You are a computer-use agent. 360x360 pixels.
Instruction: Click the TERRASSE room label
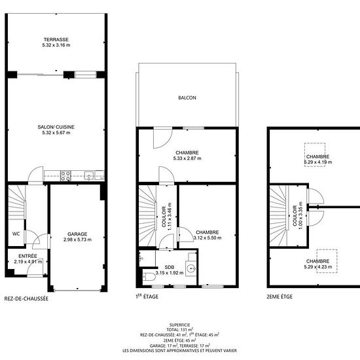56,39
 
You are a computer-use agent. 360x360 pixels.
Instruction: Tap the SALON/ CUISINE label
56,127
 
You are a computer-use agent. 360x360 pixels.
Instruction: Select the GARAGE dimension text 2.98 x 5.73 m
77,240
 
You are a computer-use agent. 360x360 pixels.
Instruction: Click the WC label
16,234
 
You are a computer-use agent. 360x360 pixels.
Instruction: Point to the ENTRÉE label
27,256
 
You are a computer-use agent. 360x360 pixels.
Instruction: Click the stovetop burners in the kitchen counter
65,176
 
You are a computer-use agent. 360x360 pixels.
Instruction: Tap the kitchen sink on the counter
89,175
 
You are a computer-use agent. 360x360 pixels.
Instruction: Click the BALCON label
187,98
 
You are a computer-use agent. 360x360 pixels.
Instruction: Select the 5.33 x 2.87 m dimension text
187,158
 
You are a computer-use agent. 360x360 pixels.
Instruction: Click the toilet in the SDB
149,277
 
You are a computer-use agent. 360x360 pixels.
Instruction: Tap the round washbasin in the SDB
191,268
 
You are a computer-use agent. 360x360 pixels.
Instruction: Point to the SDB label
170,267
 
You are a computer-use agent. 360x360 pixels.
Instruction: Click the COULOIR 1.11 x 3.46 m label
167,217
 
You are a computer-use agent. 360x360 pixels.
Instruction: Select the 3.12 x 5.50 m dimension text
207,238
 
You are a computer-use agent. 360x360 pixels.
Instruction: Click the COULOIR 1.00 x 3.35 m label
298,216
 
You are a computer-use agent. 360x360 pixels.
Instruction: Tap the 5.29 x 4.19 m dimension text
318,162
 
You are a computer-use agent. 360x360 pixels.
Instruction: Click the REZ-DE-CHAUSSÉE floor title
26,298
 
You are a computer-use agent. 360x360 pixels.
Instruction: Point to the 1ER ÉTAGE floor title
147,297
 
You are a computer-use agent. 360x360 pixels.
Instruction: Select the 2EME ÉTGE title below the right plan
279,297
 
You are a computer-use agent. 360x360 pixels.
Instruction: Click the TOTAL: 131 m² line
180,330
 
